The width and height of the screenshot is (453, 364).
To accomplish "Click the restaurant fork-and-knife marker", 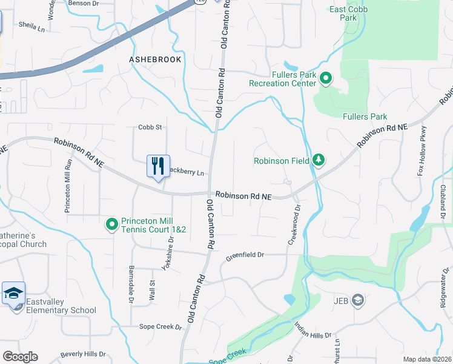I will coord(158,166).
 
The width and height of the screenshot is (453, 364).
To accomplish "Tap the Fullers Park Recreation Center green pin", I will coord(325,78).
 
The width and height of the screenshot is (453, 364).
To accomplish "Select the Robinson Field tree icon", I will coord(319,160).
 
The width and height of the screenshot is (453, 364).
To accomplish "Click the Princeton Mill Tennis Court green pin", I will coord(111,225).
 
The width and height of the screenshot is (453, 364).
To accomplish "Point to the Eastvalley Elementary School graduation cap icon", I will coord(13,294).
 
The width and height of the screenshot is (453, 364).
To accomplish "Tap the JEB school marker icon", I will coord(358,300).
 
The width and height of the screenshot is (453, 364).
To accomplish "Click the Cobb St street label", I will coord(151,127).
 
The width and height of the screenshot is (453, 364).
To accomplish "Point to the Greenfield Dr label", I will coord(245,256).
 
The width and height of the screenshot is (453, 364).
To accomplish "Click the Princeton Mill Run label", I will coord(68,186).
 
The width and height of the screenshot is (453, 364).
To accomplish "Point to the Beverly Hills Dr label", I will coord(83,354).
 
